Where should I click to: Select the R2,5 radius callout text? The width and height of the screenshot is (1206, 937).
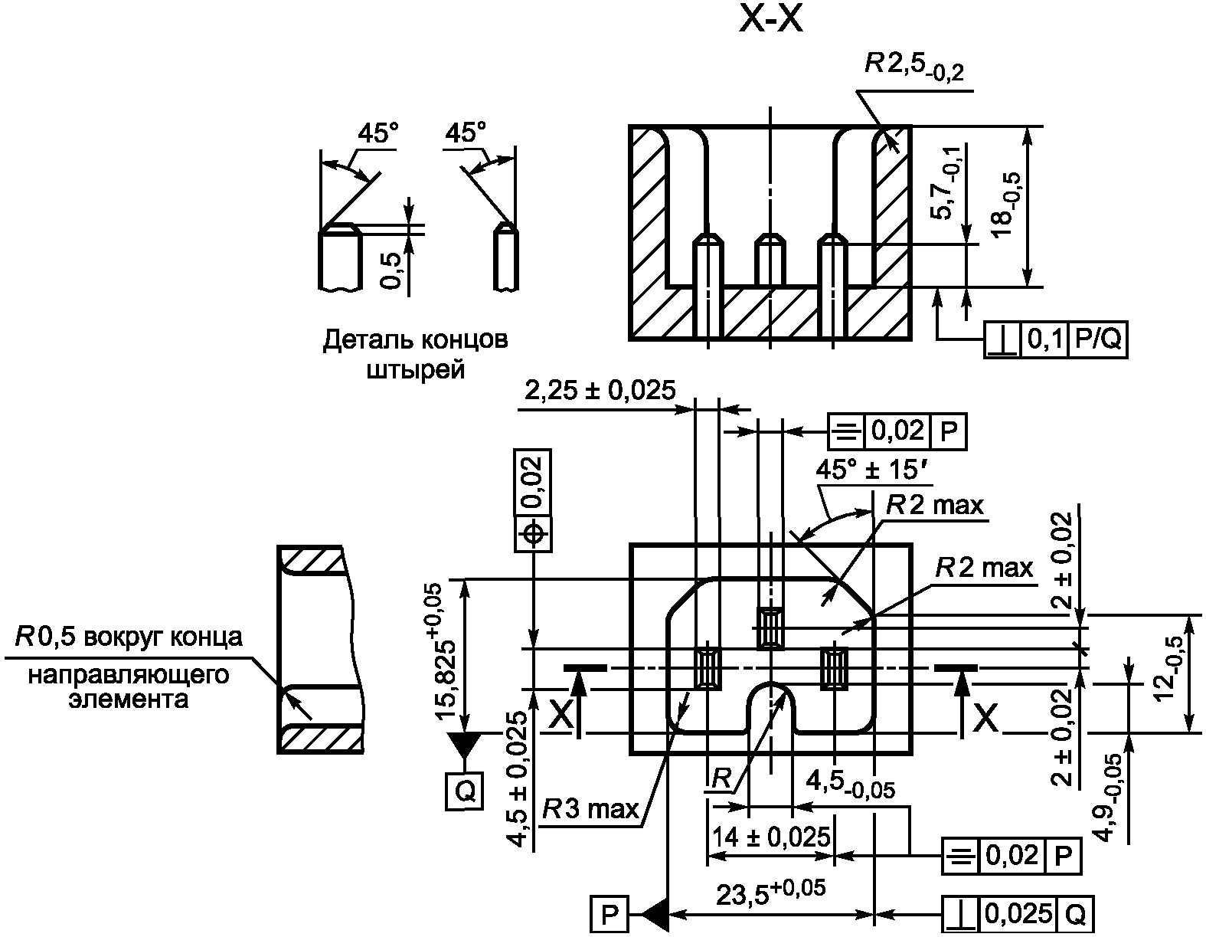pyautogui.click(x=914, y=67)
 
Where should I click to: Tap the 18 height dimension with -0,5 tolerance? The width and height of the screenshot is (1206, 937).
pyautogui.click(x=1007, y=206)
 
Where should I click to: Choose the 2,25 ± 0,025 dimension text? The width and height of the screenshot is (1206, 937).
pyautogui.click(x=600, y=390)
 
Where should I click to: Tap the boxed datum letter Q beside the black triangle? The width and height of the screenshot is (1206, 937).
pyautogui.click(x=465, y=791)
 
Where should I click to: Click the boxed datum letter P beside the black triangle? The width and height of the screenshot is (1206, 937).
pyautogui.click(x=610, y=913)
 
